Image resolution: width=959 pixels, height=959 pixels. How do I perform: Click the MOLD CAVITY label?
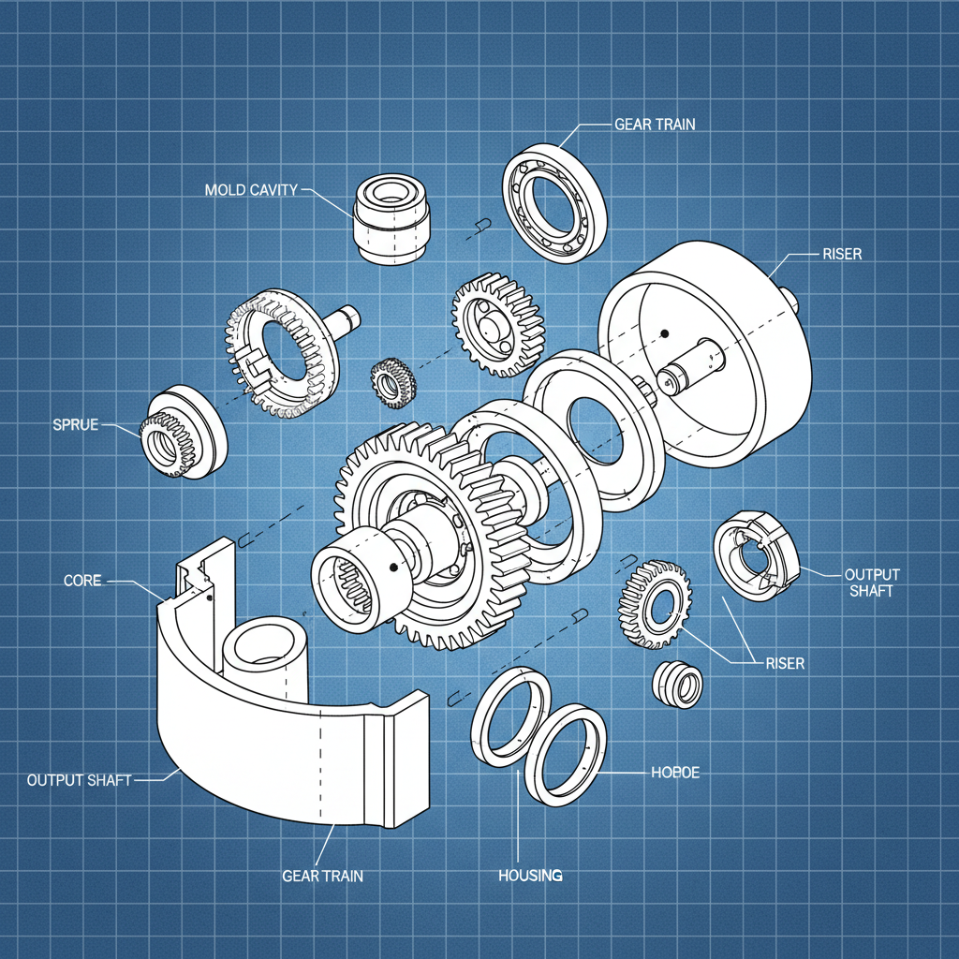250,190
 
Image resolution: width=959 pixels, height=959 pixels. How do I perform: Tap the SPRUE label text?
76,424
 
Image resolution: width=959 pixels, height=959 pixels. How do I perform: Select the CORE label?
81,581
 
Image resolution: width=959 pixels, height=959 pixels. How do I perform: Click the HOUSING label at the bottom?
530,875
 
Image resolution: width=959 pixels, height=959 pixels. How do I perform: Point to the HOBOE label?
674,773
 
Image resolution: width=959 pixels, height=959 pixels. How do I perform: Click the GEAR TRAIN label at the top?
655,124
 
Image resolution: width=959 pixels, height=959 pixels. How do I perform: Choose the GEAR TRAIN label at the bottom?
322,876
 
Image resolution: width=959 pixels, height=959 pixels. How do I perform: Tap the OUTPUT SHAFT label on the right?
871,582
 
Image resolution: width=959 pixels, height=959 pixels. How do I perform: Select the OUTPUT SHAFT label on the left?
79,779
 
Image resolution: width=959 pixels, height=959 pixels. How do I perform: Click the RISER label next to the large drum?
841,254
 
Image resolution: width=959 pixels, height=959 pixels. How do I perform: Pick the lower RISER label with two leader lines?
784,663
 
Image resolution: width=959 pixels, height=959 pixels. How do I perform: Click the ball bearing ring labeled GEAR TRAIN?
555,203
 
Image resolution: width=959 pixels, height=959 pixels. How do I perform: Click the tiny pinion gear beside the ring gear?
393,383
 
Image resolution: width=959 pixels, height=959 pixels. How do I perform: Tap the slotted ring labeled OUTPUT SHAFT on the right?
755,560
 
